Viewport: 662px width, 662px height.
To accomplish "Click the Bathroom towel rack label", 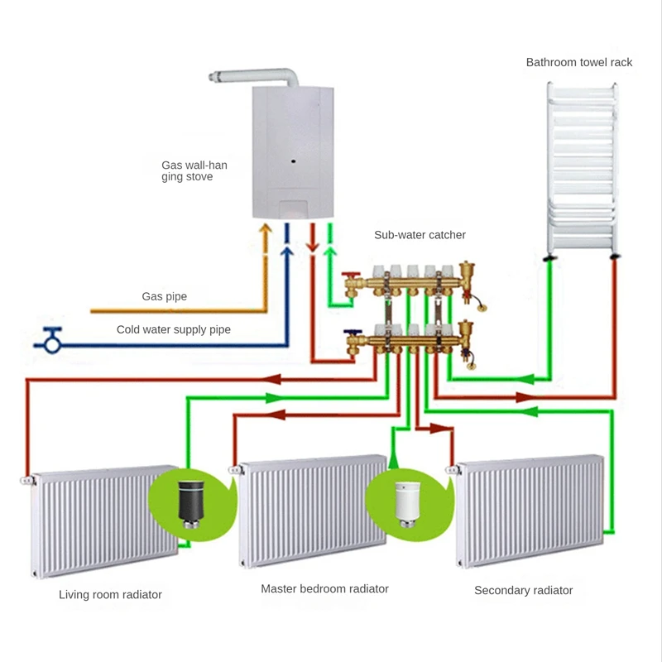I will tap(579, 62).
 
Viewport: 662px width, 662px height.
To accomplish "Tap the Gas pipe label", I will tap(164, 296).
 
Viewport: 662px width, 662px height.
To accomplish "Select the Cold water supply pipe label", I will tap(173, 329).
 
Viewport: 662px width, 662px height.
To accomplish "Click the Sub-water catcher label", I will tap(420, 235).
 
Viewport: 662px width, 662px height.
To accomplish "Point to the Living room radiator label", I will tap(110, 594).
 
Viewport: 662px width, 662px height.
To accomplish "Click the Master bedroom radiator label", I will tap(324, 589).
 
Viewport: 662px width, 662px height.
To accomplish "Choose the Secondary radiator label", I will tap(523, 590).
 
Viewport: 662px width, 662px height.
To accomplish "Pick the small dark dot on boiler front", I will tap(293, 160).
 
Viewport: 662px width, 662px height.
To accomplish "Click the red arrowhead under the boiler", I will tap(312, 245).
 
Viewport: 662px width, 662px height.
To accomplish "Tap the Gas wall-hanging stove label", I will tap(194, 170).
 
